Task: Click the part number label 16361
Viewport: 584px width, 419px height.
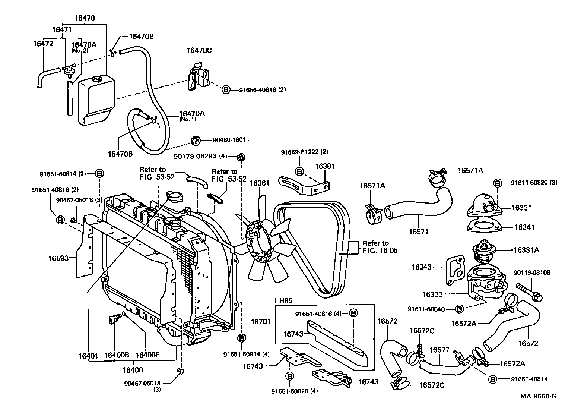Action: coord(259,183)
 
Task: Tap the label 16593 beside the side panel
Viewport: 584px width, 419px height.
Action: coord(58,258)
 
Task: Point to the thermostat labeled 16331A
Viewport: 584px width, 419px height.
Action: coord(483,249)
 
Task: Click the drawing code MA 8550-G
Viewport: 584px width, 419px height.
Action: coord(538,396)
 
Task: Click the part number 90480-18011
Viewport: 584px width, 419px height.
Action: coord(231,140)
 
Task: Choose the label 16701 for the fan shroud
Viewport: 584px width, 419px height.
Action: coord(261,321)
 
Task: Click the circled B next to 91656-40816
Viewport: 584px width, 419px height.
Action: coord(226,90)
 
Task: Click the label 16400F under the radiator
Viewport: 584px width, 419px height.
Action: coord(148,355)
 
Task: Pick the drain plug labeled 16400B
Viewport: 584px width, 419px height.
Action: coord(112,319)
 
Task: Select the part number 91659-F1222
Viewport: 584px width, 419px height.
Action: coord(304,152)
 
